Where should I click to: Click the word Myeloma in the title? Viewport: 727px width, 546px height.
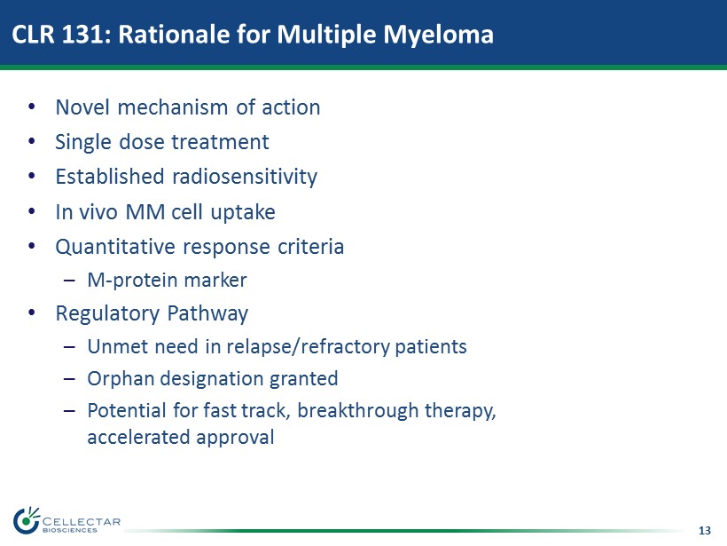coord(438,36)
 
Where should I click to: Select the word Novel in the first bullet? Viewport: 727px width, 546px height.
coord(82,107)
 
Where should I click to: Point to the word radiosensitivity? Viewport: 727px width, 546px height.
coord(245,178)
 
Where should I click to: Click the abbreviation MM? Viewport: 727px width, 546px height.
coord(145,212)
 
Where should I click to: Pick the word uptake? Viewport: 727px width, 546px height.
coord(243,213)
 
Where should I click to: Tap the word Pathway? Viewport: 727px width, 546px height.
coord(207,314)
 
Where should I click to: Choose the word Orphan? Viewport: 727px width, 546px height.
coord(121,379)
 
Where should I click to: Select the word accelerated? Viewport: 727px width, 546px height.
coord(138,438)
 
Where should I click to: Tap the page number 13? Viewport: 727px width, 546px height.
coord(704,530)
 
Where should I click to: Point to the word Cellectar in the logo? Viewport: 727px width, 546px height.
coord(82,522)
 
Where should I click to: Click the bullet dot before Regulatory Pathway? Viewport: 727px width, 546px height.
coord(32,313)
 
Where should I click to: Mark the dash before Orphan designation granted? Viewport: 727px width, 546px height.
coord(69,379)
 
